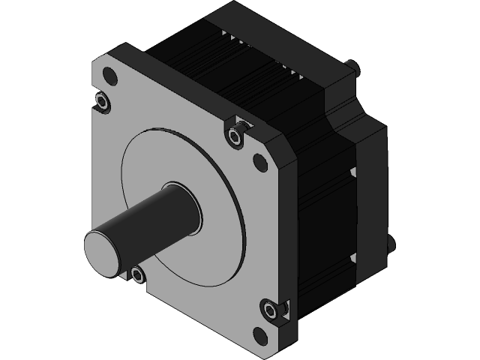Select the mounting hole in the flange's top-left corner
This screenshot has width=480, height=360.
coord(110,76)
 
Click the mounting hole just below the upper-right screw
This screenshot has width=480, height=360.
coord(259,160)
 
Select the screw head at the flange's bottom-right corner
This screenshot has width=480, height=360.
coord(271,310)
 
